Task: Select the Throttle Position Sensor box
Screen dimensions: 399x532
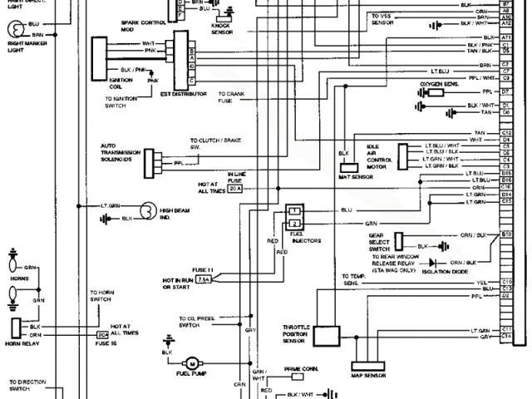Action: click(327, 336)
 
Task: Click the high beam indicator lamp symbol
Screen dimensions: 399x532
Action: click(147, 213)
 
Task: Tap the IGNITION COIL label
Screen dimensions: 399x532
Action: click(121, 82)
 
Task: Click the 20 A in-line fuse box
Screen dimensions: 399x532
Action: click(234, 189)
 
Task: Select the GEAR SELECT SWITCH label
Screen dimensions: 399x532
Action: click(378, 243)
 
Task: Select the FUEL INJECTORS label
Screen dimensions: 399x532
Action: click(298, 239)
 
